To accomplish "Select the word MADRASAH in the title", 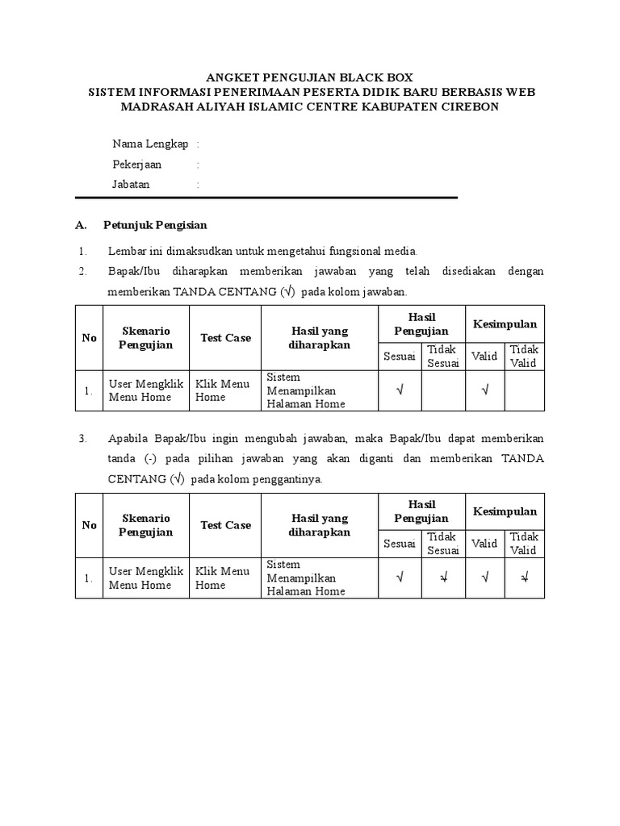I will coord(154,106).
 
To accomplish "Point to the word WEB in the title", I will coord(519,92).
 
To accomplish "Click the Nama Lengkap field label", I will coord(150,144).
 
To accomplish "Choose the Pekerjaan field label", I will coord(136,164).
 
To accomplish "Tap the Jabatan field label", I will coord(131,184).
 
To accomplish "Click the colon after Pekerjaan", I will coord(198,164).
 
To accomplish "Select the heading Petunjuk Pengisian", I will coord(155,225).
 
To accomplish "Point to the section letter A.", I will coord(79,225).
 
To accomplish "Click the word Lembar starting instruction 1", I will coord(125,251).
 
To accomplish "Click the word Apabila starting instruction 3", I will coord(127,438).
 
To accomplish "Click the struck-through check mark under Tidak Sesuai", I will coord(443,578).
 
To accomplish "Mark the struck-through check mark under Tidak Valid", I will coord(524,578).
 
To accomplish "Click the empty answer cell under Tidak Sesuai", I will coord(443,390).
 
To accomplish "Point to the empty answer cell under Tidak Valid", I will coord(524,390).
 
